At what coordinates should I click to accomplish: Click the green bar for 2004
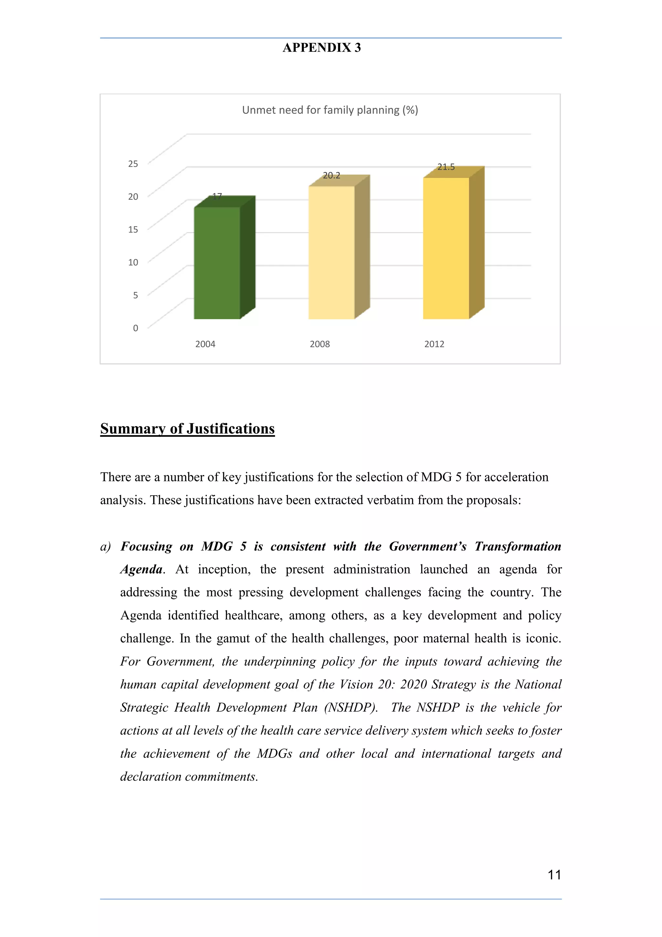coord(217,263)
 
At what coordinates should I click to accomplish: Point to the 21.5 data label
coord(446,167)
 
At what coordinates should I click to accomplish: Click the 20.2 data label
coord(331,176)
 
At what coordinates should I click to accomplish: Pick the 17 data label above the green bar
coord(217,197)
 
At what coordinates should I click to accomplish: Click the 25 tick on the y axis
coord(133,164)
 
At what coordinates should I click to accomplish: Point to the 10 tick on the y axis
coord(133,263)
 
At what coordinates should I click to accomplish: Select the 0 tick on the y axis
coord(135,328)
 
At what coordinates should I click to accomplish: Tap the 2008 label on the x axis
coord(319,344)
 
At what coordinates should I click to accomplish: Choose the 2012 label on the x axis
coord(434,344)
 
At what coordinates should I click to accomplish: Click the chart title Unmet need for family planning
coord(330,110)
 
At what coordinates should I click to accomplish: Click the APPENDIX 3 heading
coord(322,48)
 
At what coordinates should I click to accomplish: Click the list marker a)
coord(106,547)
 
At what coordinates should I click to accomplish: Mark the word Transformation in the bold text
coord(518,546)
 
